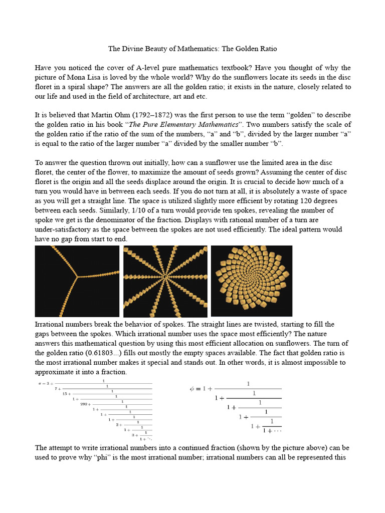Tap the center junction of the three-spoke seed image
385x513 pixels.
tap(77, 276)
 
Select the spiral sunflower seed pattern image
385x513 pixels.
tap(252, 281)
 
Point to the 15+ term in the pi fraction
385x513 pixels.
tap(66, 393)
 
